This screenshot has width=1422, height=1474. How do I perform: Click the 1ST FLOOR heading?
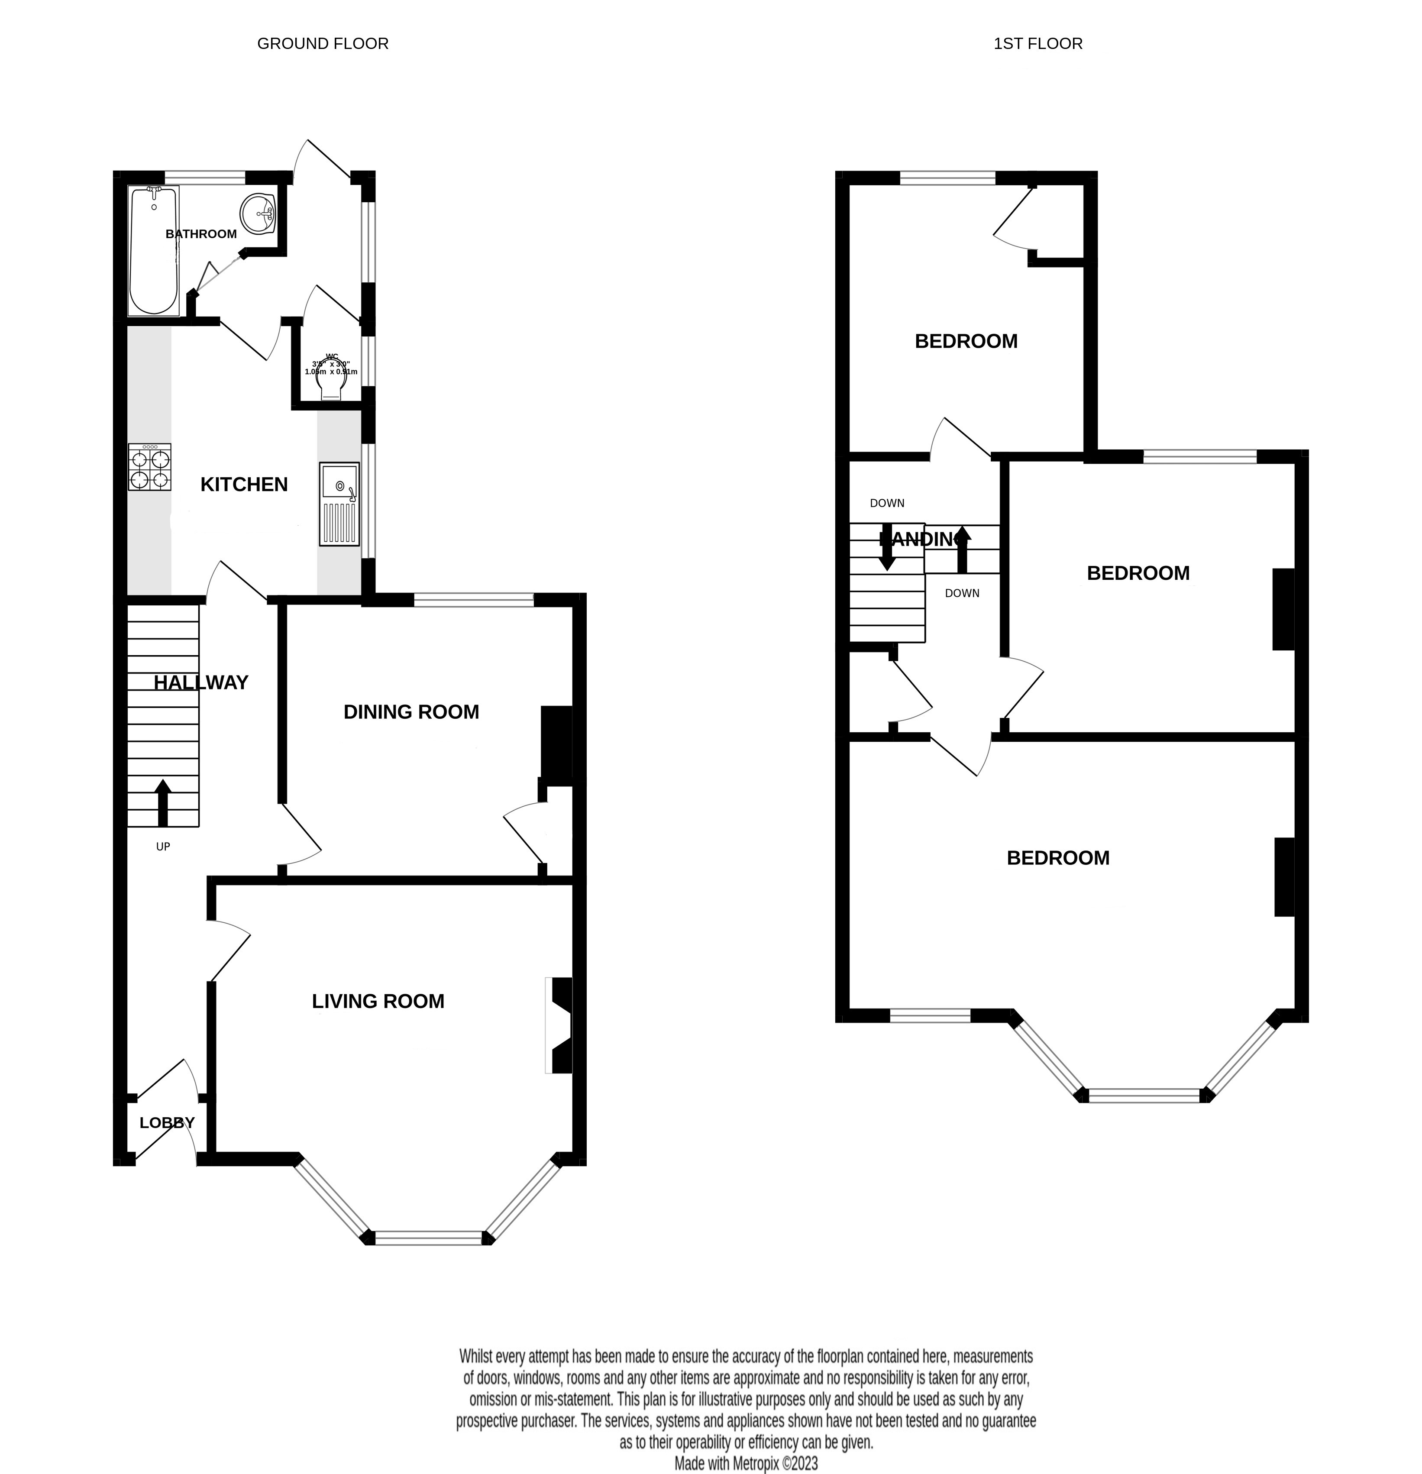point(1038,44)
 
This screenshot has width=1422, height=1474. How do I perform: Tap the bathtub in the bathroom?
point(153,252)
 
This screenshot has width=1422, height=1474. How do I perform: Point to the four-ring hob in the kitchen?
point(150,468)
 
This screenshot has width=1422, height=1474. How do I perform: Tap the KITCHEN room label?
point(244,484)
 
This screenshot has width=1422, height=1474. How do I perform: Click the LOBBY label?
point(167,1122)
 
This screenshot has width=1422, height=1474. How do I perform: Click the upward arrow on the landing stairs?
point(963,547)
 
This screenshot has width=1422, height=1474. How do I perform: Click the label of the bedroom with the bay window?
point(1057,857)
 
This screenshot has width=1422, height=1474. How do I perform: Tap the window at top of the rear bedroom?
point(947,178)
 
